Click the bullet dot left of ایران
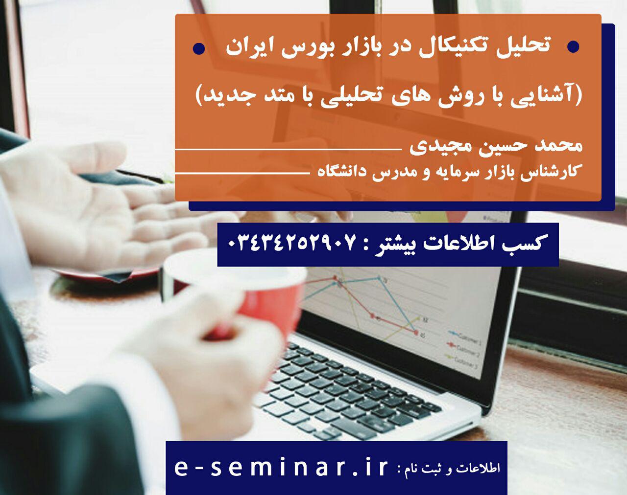tap(199, 48)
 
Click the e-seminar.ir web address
tap(281, 468)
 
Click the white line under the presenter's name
tap(289, 149)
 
